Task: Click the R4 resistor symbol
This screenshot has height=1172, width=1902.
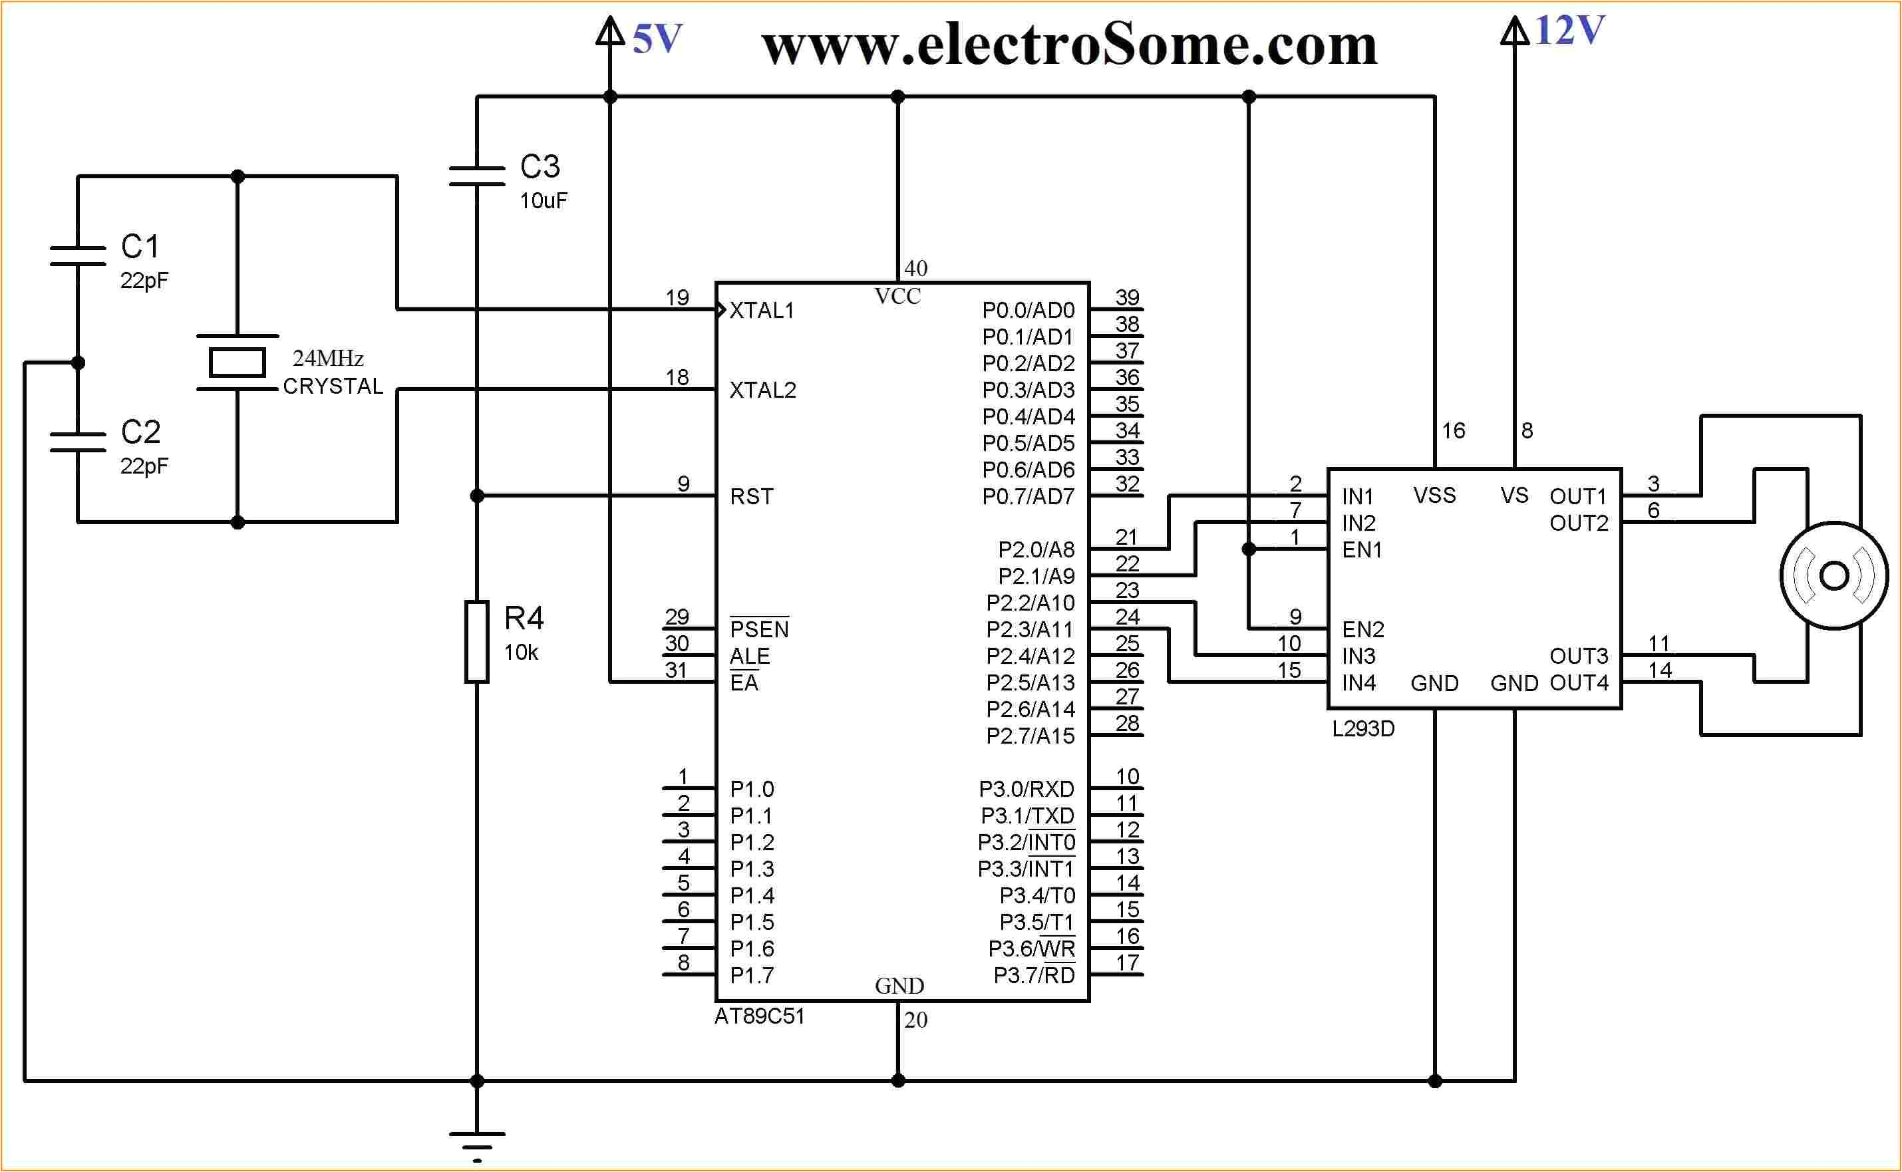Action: pyautogui.click(x=476, y=642)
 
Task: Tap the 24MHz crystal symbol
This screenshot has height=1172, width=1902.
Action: pyautogui.click(x=238, y=363)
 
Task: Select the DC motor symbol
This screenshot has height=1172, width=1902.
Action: pyautogui.click(x=1833, y=576)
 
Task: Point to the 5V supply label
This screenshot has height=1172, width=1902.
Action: pyautogui.click(x=657, y=39)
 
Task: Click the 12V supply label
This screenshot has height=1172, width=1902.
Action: pyautogui.click(x=1569, y=31)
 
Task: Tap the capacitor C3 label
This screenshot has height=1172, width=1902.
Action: pyautogui.click(x=540, y=167)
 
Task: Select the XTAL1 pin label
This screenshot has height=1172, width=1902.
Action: pyautogui.click(x=762, y=311)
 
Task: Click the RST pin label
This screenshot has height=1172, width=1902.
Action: pyautogui.click(x=752, y=497)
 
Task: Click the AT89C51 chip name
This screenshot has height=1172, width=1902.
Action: pyautogui.click(x=760, y=1016)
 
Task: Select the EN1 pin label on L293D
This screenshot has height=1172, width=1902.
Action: pyautogui.click(x=1362, y=549)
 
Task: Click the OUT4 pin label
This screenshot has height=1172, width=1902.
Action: pyautogui.click(x=1579, y=683)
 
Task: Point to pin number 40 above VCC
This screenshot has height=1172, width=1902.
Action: pyautogui.click(x=915, y=268)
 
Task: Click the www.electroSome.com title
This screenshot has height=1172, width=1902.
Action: pyautogui.click(x=1070, y=45)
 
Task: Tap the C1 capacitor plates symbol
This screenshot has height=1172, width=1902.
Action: pyautogui.click(x=78, y=256)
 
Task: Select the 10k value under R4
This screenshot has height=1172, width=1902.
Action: pyautogui.click(x=521, y=653)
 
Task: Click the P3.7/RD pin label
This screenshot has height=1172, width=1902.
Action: pyautogui.click(x=1034, y=975)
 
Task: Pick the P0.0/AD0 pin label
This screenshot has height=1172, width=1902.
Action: pyautogui.click(x=1028, y=311)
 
